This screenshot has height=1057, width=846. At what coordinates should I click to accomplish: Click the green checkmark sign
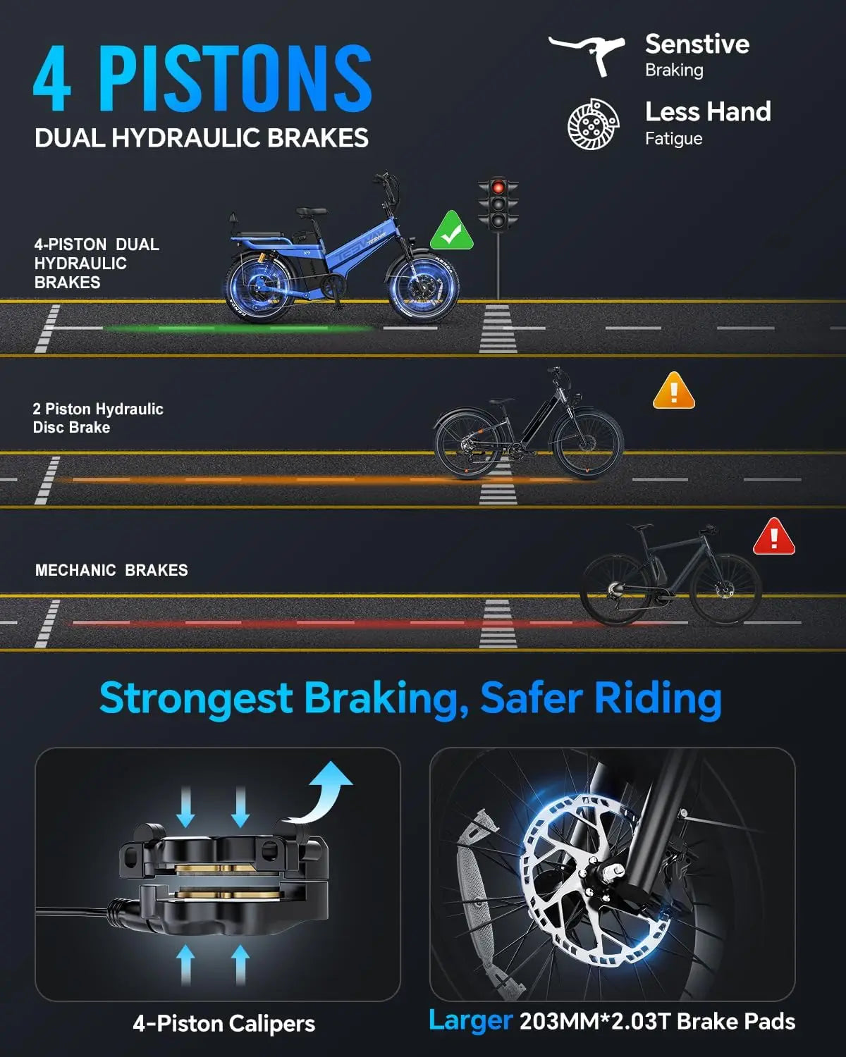(452, 231)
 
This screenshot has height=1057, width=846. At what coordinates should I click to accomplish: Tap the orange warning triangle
(674, 392)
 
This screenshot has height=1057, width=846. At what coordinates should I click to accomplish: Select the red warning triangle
(774, 538)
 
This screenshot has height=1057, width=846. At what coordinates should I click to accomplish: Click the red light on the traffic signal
(498, 187)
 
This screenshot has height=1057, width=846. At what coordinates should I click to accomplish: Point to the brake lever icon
(587, 54)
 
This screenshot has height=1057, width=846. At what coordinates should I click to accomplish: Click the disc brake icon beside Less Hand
(594, 124)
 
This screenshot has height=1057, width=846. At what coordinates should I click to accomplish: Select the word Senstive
(697, 44)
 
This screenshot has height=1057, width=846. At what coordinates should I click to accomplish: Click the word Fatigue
(673, 139)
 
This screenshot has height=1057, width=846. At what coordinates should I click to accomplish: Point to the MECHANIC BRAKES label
(111, 570)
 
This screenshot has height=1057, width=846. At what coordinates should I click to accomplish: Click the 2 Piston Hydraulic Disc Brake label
(97, 418)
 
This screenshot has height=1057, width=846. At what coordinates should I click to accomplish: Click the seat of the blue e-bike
(312, 212)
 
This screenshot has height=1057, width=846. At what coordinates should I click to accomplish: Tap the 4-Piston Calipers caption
(223, 1023)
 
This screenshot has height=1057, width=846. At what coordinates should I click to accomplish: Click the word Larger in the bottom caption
(470, 1020)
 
